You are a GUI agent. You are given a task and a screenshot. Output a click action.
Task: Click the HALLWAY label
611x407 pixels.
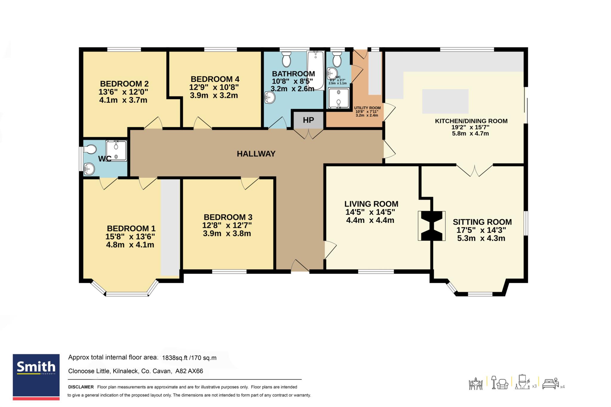pos(256,154)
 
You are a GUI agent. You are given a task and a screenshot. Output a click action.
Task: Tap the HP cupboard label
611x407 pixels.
pos(308,120)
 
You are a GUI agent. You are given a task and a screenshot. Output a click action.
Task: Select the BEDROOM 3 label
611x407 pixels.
pos(228,217)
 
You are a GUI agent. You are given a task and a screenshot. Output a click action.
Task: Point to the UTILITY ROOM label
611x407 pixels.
pos(367,108)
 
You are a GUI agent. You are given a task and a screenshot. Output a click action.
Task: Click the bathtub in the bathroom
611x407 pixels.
pos(316,70)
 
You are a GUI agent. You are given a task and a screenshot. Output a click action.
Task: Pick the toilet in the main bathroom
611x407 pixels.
pos(286,59)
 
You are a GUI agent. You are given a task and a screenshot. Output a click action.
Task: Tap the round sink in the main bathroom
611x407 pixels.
pos(270,97)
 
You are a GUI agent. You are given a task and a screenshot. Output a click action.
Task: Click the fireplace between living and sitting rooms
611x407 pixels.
pos(432,226)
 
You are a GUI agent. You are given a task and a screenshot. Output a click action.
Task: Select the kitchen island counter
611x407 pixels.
pos(445,101)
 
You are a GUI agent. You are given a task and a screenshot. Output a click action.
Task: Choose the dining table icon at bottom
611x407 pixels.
pos(476,383)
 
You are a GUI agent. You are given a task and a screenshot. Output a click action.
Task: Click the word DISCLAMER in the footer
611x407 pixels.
pos(81,387)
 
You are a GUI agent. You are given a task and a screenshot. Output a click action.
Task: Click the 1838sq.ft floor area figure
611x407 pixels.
pos(175,358)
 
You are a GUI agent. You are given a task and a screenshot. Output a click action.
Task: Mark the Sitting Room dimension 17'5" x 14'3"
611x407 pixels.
pos(481,230)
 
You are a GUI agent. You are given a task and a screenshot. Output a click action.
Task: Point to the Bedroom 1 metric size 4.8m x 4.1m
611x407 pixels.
pos(130,245)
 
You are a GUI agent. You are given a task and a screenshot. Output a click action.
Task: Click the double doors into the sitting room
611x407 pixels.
pos(474,170)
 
